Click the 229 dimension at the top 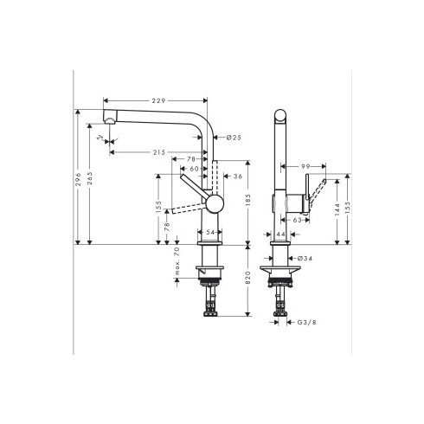[x=156, y=100]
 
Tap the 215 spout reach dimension [x=157, y=152]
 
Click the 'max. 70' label [x=177, y=262]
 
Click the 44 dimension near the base [x=281, y=233]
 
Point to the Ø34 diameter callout [x=305, y=258]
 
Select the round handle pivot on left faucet [x=212, y=203]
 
